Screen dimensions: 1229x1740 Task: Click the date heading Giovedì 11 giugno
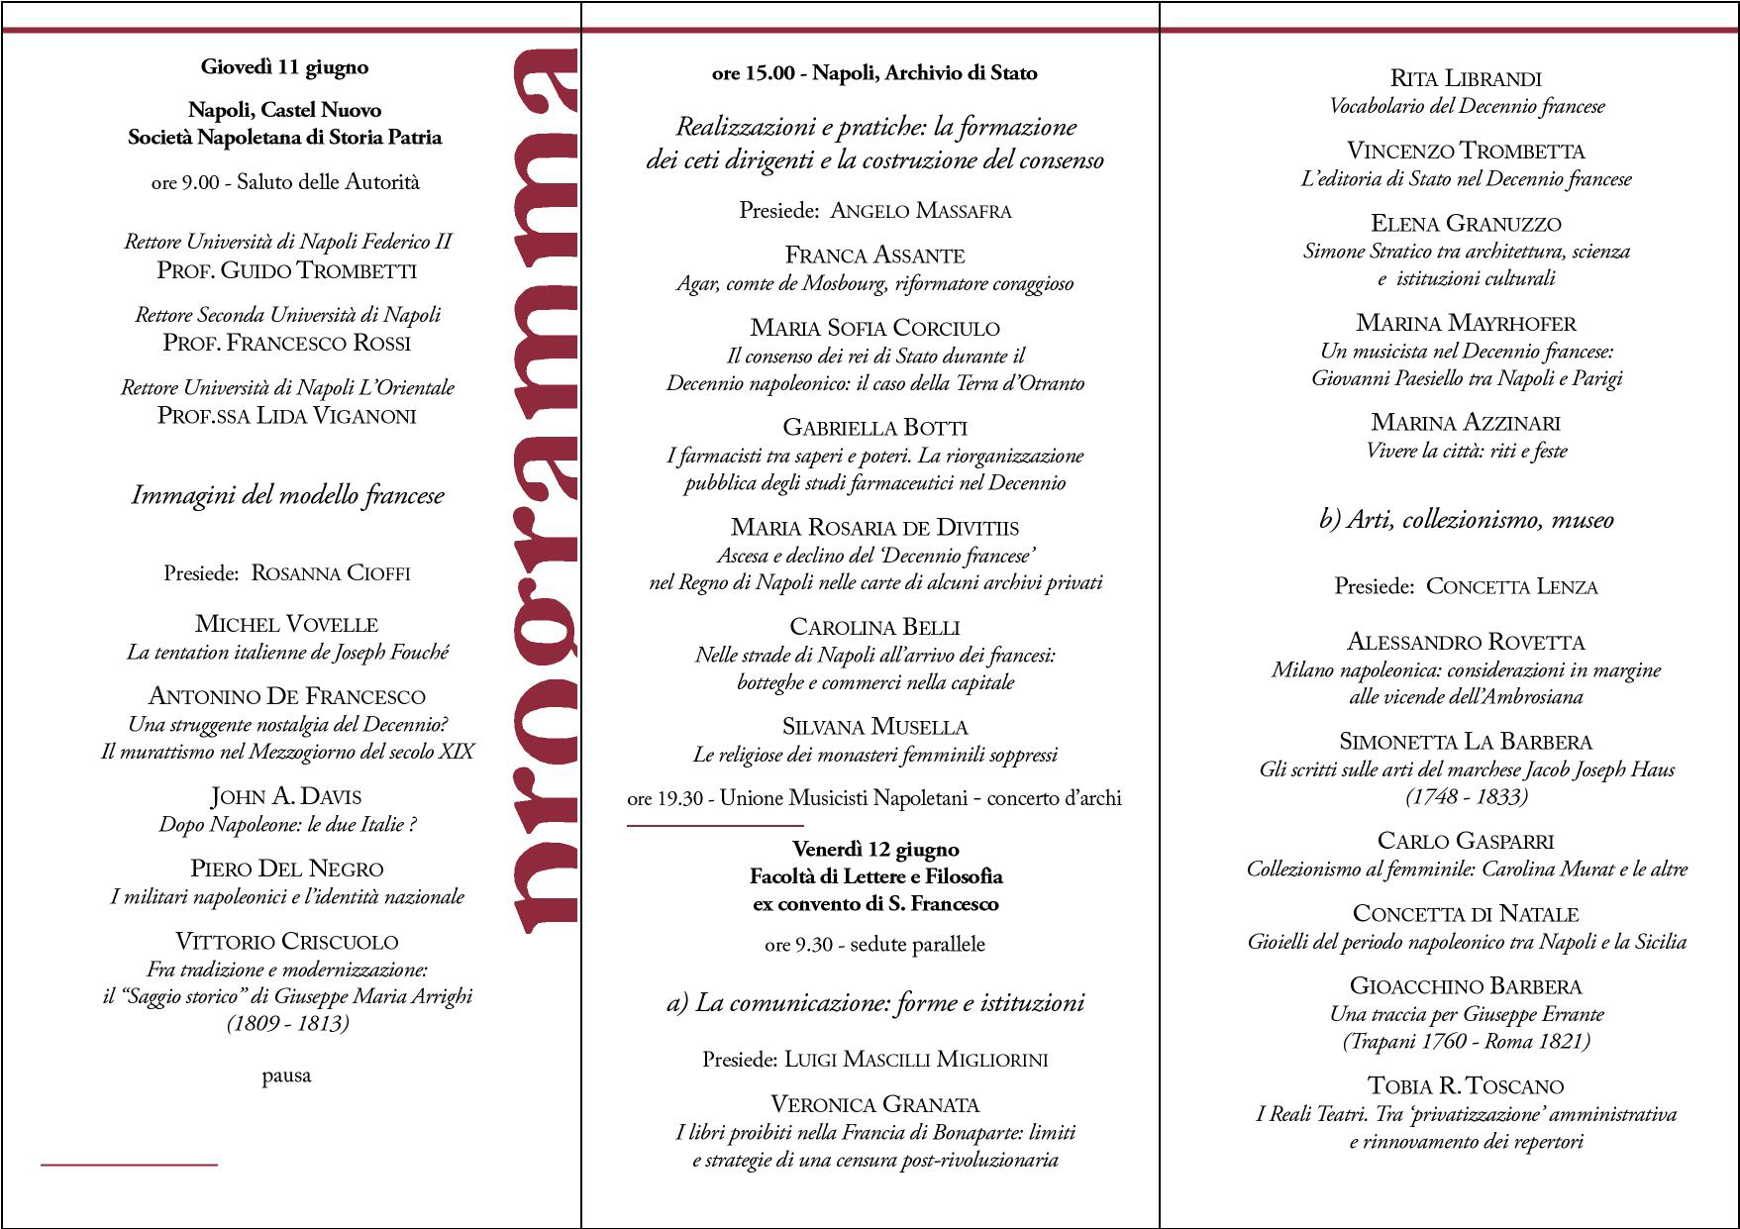(284, 67)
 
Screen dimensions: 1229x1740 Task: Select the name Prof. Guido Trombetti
(286, 270)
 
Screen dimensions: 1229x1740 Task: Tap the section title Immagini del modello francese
(287, 495)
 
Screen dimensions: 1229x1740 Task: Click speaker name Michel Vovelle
(286, 624)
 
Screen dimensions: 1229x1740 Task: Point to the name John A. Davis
(286, 796)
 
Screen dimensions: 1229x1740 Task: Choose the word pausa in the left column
(286, 1075)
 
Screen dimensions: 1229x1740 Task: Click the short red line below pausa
(129, 1165)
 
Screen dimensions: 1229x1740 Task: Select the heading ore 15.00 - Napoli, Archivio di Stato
(873, 73)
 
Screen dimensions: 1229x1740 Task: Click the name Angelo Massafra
(920, 210)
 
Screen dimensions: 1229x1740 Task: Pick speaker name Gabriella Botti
(874, 428)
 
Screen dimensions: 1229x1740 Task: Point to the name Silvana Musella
(874, 727)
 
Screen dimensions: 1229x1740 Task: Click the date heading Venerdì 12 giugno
(875, 850)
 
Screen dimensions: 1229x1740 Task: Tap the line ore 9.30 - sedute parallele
(874, 945)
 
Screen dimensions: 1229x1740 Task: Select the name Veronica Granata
(874, 1104)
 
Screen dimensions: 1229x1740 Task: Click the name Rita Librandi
(1466, 78)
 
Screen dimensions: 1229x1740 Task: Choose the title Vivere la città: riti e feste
(1466, 451)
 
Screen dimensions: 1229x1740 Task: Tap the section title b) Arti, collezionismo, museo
(1466, 520)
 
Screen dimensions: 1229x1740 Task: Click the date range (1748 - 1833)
(1466, 796)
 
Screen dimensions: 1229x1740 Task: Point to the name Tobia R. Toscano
(1466, 1086)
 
